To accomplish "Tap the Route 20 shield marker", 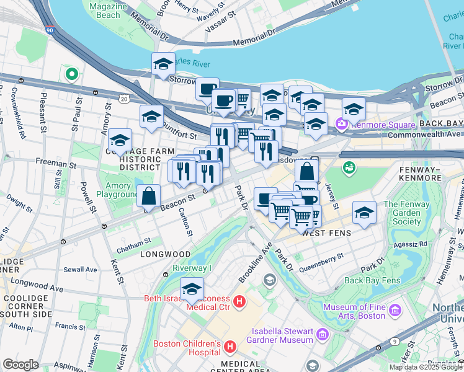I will pyautogui.click(x=124, y=99).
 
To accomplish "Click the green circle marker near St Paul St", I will pyautogui.click(x=71, y=74).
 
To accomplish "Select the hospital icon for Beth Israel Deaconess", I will pyautogui.click(x=240, y=302).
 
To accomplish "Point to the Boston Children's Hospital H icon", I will pyautogui.click(x=230, y=345).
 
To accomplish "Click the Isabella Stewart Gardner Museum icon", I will pyautogui.click(x=322, y=335).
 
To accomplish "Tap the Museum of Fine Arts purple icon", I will pyautogui.click(x=392, y=309).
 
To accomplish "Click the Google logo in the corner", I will pyautogui.click(x=20, y=364).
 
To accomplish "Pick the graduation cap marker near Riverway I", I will pyautogui.click(x=192, y=289).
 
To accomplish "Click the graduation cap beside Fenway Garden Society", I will pyautogui.click(x=364, y=212).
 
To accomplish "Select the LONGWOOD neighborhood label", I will pyautogui.click(x=165, y=254).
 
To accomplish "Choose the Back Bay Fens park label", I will pyautogui.click(x=372, y=280).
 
